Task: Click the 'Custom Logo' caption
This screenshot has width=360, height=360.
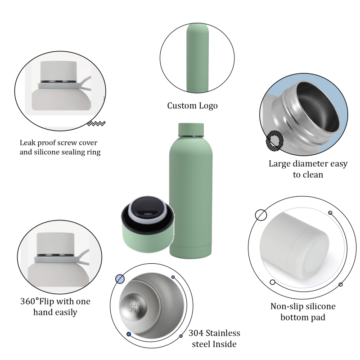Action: tap(192, 106)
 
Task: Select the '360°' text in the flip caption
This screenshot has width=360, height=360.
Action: tap(29, 301)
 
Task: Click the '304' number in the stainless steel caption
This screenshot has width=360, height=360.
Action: tap(196, 333)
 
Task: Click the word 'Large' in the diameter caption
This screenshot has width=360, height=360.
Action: tap(280, 164)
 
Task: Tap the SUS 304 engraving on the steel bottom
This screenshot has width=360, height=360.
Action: tap(134, 307)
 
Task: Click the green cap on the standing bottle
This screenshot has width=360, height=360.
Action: tap(191, 130)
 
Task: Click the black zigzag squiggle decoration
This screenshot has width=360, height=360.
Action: tap(96, 124)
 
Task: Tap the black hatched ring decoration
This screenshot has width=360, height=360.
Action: tap(274, 141)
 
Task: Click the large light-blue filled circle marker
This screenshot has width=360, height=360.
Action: tap(120, 279)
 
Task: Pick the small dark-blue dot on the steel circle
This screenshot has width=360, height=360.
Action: tap(129, 334)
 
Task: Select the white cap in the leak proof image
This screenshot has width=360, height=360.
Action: tap(58, 71)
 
